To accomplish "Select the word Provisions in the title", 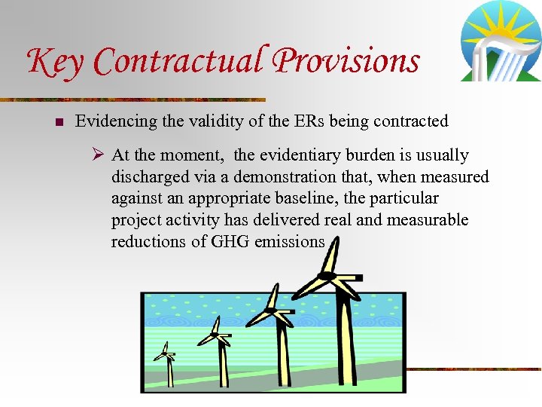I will click(x=347, y=60).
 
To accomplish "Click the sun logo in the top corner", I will click(x=500, y=41).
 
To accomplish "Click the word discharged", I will click(x=148, y=177).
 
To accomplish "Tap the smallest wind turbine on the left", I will click(x=165, y=357).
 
